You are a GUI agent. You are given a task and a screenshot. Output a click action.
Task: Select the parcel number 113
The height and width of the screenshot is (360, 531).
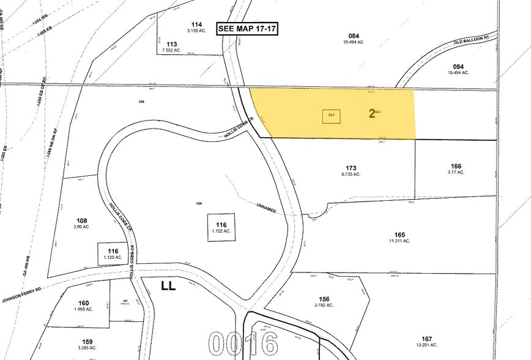(171, 44)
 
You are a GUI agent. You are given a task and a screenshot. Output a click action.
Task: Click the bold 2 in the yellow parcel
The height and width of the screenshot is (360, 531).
(371, 114)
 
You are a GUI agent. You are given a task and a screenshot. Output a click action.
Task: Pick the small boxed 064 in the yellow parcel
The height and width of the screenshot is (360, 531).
(332, 115)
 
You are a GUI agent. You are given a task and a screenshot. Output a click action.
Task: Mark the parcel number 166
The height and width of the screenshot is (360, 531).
(456, 166)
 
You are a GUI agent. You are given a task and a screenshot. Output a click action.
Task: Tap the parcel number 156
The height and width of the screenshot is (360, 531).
(324, 299)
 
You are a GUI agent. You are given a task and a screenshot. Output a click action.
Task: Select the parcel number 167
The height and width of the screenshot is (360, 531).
(426, 339)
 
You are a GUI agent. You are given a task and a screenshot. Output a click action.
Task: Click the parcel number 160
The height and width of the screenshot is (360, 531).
(83, 302)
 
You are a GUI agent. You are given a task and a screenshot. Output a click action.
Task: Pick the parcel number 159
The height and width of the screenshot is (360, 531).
(83, 342)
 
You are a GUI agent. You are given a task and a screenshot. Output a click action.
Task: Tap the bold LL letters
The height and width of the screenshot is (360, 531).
(168, 285)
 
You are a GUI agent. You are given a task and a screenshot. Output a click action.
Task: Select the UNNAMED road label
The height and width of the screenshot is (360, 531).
(266, 208)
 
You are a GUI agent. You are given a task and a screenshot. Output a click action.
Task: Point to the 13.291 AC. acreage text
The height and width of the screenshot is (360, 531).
(426, 345)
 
